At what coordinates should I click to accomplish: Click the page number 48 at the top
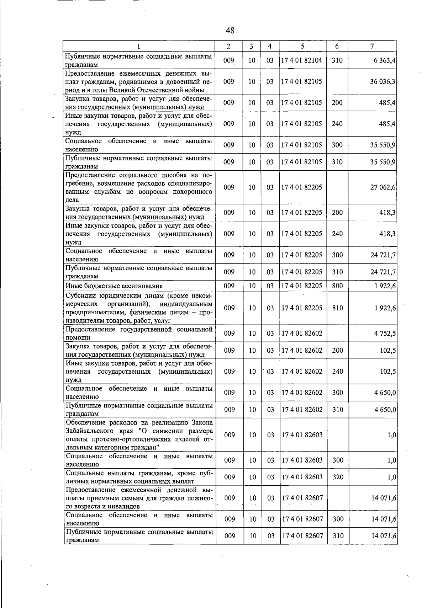(230, 31)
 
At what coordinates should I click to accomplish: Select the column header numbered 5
(302, 46)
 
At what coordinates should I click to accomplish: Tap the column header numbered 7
(372, 46)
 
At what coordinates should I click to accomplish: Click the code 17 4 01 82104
(302, 60)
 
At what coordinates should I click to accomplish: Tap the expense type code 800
(337, 286)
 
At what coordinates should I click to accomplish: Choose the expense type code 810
(337, 308)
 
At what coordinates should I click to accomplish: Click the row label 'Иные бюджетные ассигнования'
(114, 286)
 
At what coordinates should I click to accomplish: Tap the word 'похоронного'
(193, 192)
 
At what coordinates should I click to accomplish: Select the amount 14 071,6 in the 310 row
(383, 536)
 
